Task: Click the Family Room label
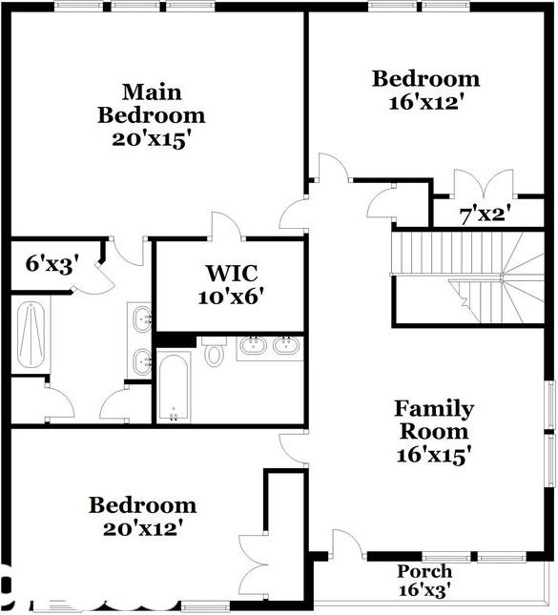pos(434,420)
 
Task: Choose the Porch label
pos(424,571)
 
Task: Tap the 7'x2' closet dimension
pos(485,215)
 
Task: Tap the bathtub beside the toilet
pos(174,387)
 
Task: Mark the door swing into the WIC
pos(225,227)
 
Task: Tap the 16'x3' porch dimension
pos(424,590)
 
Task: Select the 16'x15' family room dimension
pos(434,456)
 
